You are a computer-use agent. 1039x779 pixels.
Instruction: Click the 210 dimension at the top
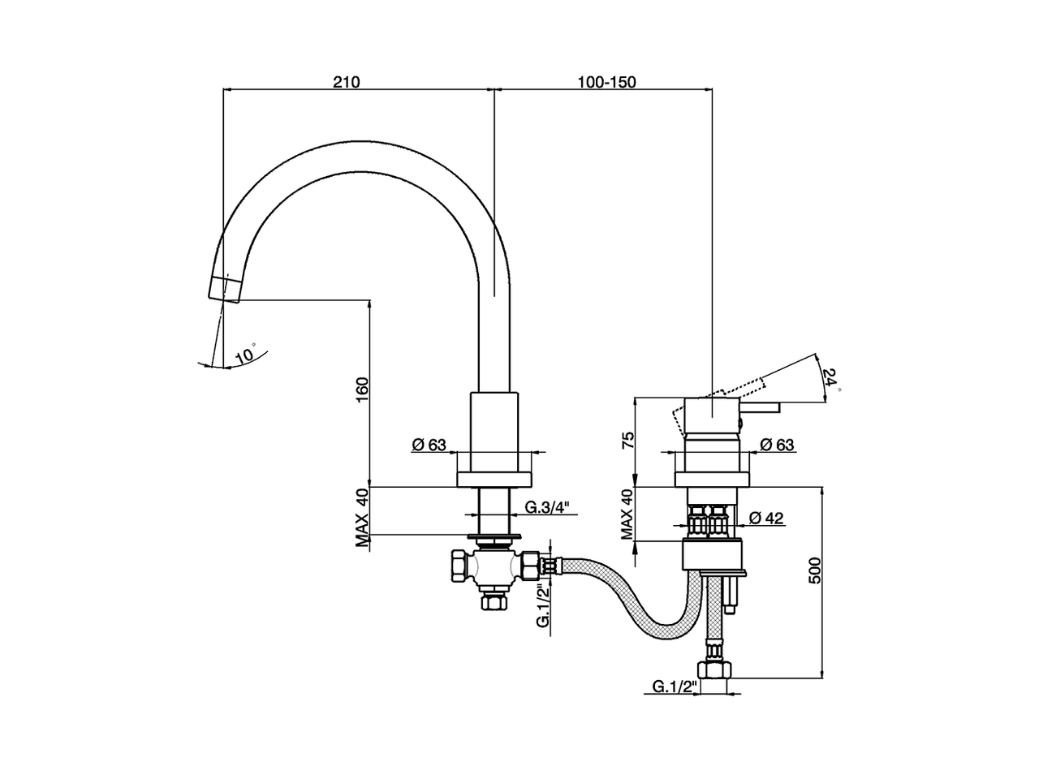pyautogui.click(x=346, y=82)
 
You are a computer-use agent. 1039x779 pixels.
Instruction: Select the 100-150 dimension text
pyautogui.click(x=606, y=82)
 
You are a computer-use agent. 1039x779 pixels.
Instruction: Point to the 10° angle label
pyautogui.click(x=244, y=355)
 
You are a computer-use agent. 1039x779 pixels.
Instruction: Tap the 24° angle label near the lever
pyautogui.click(x=830, y=380)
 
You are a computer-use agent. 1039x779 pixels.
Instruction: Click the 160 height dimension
pyautogui.click(x=362, y=389)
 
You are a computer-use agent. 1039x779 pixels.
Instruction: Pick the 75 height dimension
pyautogui.click(x=627, y=441)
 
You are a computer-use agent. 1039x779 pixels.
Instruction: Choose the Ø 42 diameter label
pyautogui.click(x=766, y=518)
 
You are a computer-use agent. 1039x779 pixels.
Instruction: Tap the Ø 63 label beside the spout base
pyautogui.click(x=429, y=444)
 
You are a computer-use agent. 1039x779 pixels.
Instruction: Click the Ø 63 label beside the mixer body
pyautogui.click(x=777, y=444)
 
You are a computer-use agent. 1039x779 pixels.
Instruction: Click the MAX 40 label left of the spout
pyautogui.click(x=362, y=517)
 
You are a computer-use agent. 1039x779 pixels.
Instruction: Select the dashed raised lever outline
pyautogui.click(x=747, y=385)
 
